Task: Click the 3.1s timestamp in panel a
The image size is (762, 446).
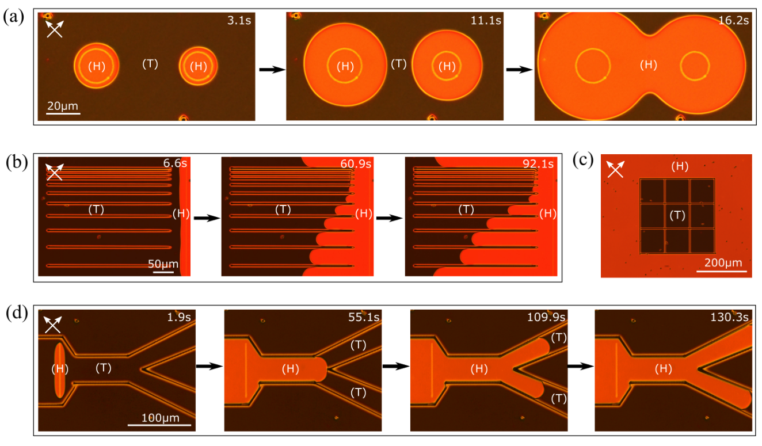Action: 239,20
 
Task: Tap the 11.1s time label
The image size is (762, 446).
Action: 486,20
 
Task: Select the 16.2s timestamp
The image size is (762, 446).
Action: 733,20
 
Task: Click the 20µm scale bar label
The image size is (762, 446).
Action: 63,106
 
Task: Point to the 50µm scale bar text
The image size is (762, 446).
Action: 163,264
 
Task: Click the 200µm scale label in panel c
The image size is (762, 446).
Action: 723,262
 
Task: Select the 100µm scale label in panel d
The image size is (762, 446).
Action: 160,417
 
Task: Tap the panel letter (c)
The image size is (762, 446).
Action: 583,160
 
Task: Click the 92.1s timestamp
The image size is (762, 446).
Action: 538,163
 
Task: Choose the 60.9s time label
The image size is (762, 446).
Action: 356,163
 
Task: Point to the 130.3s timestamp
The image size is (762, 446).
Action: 730,317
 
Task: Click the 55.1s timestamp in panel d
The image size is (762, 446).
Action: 364,317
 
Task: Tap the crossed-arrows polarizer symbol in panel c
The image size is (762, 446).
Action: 615,169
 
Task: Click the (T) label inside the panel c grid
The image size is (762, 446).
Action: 677,215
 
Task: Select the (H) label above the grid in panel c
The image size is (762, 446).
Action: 680,166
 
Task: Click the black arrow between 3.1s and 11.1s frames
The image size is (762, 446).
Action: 272,70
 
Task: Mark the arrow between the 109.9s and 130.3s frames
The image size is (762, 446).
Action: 581,367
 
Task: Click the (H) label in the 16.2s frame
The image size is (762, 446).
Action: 649,64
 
